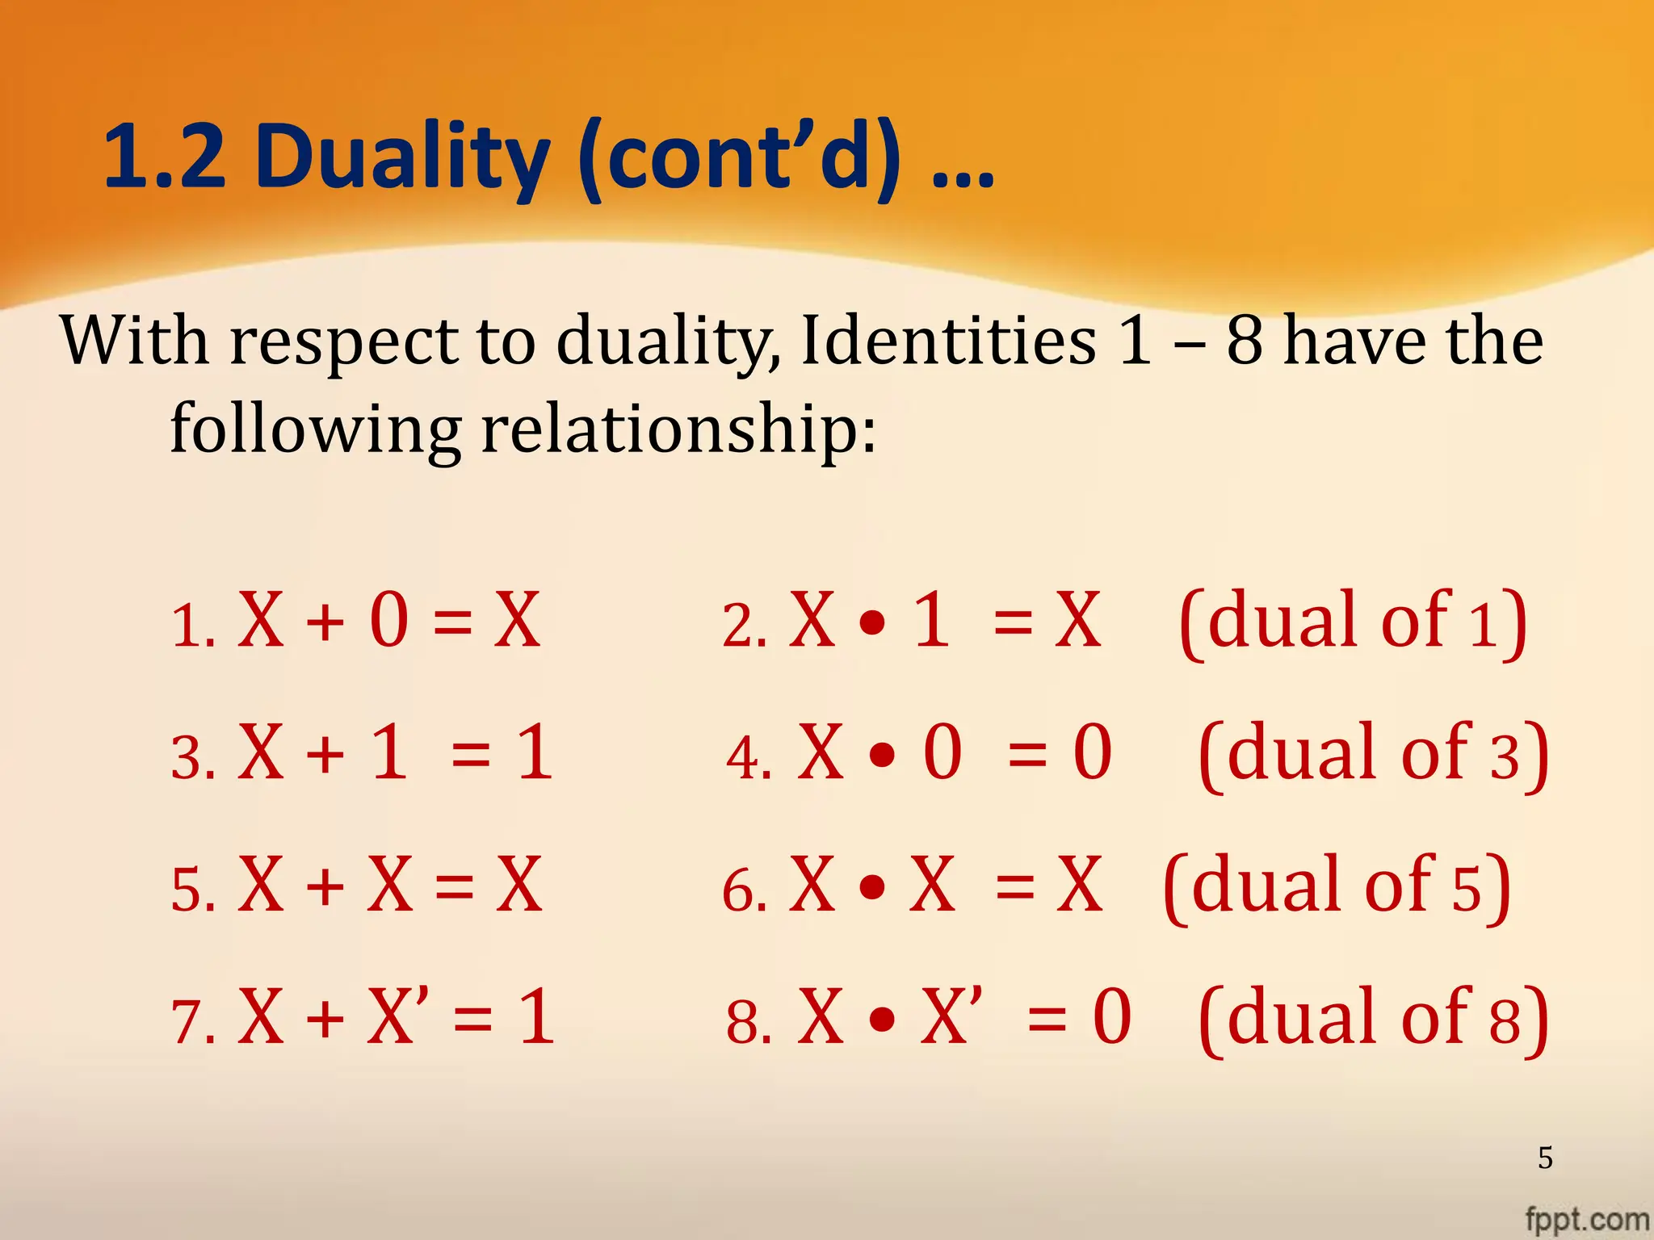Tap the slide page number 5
pyautogui.click(x=1544, y=1158)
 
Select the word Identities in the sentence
pyautogui.click(x=948, y=341)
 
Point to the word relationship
pyautogui.click(x=678, y=428)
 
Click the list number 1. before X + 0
pyautogui.click(x=193, y=626)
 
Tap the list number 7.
pyautogui.click(x=193, y=1022)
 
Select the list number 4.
pyautogui.click(x=749, y=758)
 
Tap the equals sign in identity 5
pyautogui.click(x=454, y=886)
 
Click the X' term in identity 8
pyautogui.click(x=951, y=1016)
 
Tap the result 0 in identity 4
pyautogui.click(x=1092, y=752)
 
